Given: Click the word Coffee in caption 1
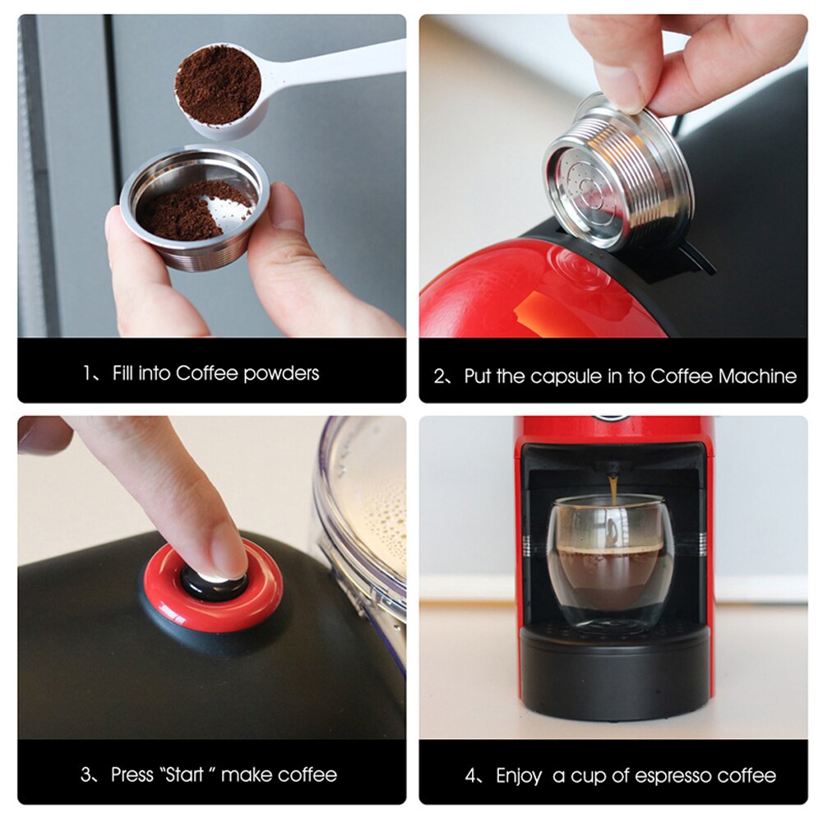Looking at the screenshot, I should click(206, 373).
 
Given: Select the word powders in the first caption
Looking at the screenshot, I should click(280, 373).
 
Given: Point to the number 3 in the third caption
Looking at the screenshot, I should click(86, 774).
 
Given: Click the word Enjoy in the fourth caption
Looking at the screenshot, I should click(519, 774).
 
